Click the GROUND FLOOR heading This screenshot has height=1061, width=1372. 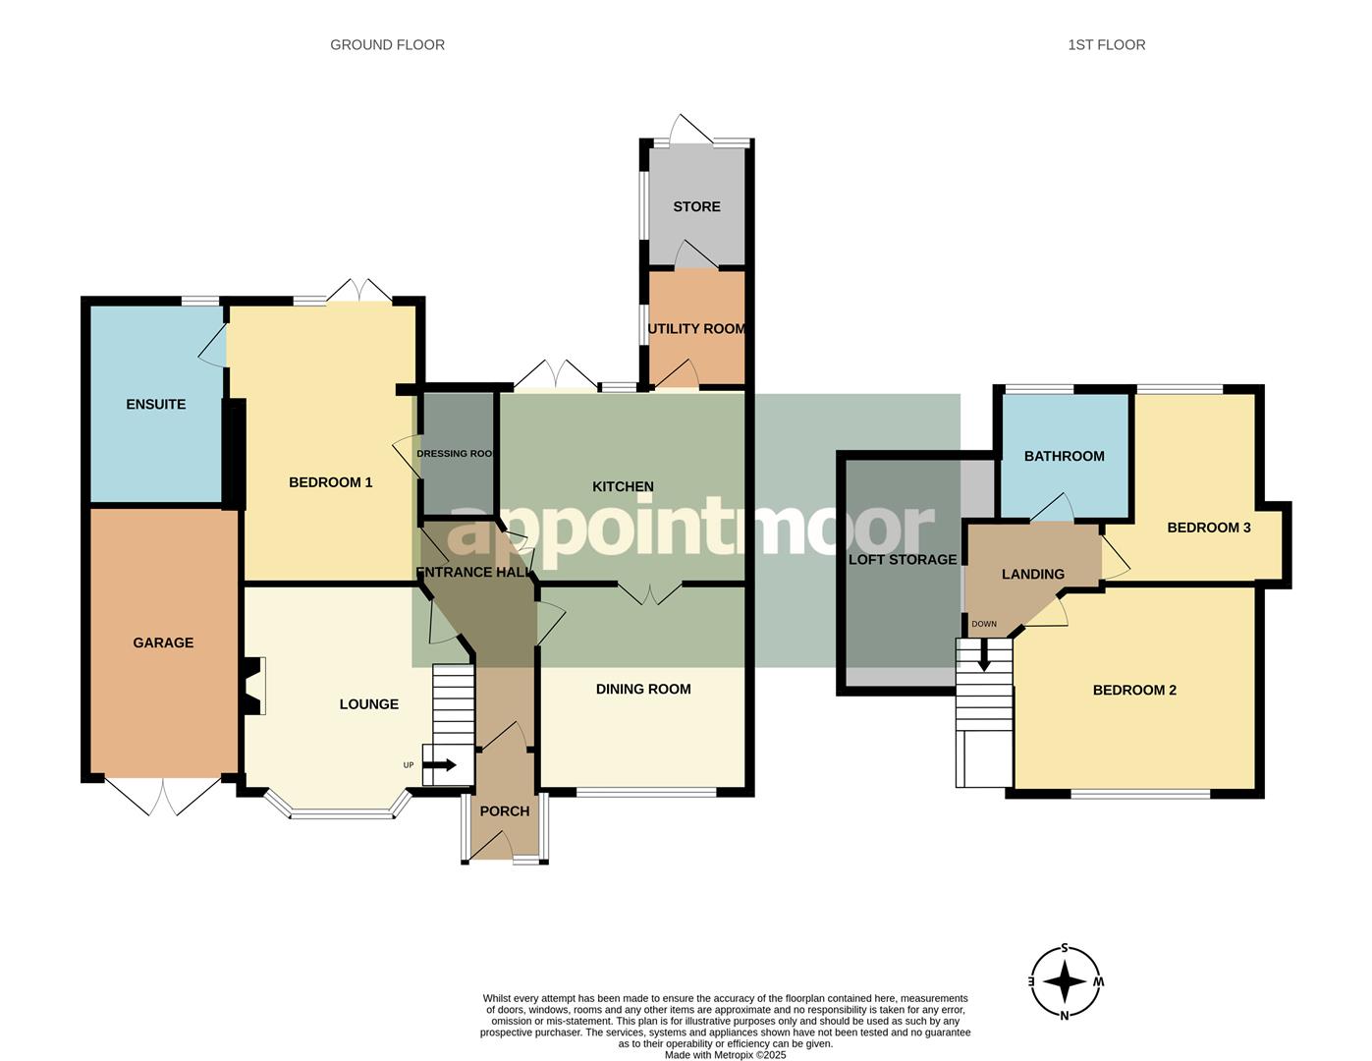(x=387, y=44)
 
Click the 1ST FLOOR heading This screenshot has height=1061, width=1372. (x=1106, y=44)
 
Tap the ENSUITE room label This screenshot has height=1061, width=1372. (x=155, y=404)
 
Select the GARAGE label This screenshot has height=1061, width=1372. (x=163, y=642)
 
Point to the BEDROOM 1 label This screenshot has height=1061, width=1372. (x=330, y=481)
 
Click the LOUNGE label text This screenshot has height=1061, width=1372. (x=368, y=703)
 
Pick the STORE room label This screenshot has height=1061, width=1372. (x=696, y=206)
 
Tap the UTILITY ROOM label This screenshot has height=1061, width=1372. (x=696, y=328)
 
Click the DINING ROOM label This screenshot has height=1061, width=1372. (x=642, y=689)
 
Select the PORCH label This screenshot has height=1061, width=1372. (x=504, y=810)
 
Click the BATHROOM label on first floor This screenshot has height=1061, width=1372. (x=1064, y=456)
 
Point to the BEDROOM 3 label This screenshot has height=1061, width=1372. (x=1208, y=528)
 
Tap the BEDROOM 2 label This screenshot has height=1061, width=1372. (x=1133, y=690)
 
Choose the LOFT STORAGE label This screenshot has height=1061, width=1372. (x=902, y=559)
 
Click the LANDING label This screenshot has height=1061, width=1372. (x=1032, y=574)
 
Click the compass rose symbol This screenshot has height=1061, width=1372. (x=1065, y=981)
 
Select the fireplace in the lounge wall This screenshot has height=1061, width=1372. (x=253, y=686)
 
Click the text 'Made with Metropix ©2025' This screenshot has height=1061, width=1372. (x=725, y=1055)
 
